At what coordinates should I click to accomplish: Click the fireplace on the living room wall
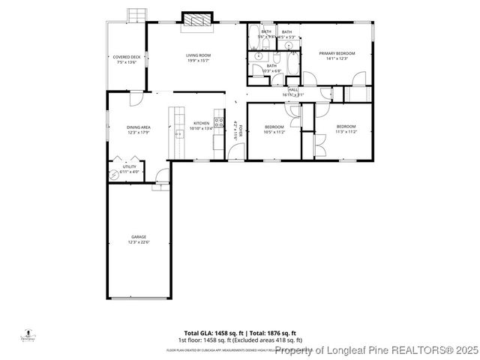(198, 20)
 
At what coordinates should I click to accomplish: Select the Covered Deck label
(127, 59)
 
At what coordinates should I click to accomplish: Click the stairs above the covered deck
(136, 15)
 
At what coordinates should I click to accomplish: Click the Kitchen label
(202, 125)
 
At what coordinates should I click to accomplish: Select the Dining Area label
(139, 130)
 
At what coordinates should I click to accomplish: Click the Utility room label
(130, 169)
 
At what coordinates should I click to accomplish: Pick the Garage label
(139, 239)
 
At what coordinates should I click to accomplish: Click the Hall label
(292, 91)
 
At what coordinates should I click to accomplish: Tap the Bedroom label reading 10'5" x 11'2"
(274, 129)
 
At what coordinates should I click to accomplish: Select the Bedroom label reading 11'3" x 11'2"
(345, 128)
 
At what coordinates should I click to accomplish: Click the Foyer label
(235, 128)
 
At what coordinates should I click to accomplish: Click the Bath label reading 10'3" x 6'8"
(271, 67)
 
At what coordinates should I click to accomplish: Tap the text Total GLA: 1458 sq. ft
(211, 332)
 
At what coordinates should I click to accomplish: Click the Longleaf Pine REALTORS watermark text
(375, 349)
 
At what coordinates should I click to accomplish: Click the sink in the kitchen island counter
(178, 134)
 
